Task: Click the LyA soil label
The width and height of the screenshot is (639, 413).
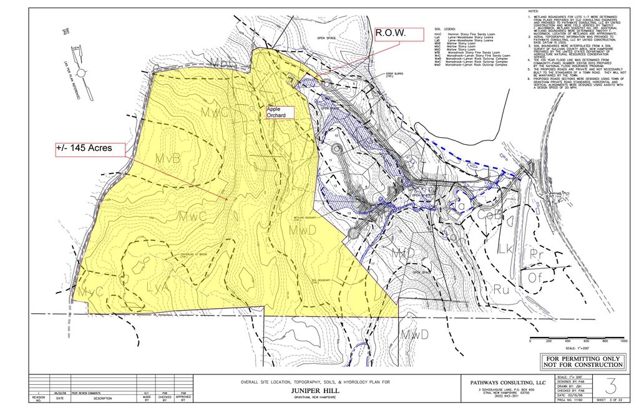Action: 158,288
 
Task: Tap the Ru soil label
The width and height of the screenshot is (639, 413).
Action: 500,289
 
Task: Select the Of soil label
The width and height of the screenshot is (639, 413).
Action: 536,278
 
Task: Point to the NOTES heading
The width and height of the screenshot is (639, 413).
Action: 532,12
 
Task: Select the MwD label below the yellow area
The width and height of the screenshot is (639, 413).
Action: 414,334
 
